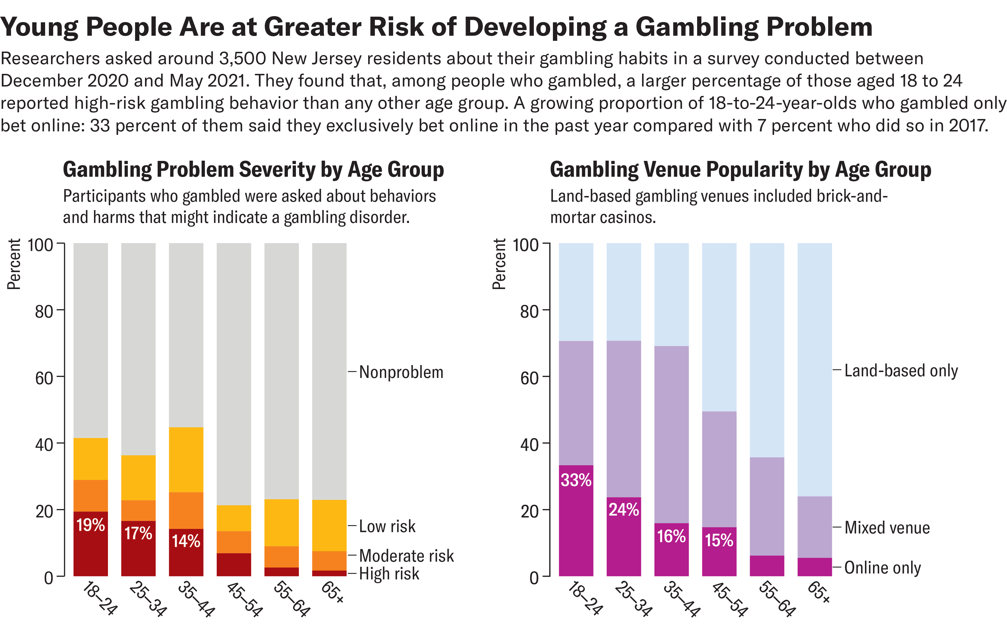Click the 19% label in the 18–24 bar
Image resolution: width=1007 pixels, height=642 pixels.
(90, 525)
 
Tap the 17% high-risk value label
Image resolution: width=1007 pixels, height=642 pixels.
(138, 533)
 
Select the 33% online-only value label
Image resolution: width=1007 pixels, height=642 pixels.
(576, 480)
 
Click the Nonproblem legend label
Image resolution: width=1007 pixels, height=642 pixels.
(401, 372)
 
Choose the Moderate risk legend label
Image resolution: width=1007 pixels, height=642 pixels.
(406, 556)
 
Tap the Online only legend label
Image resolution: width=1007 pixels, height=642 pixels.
(882, 568)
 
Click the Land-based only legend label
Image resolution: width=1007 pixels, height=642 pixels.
(901, 371)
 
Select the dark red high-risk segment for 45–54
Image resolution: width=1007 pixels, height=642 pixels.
(234, 565)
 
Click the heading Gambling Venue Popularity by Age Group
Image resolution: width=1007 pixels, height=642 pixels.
(740, 169)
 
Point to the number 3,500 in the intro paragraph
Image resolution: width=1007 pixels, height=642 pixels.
(242, 59)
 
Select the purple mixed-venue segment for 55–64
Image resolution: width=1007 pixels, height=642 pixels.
(767, 506)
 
